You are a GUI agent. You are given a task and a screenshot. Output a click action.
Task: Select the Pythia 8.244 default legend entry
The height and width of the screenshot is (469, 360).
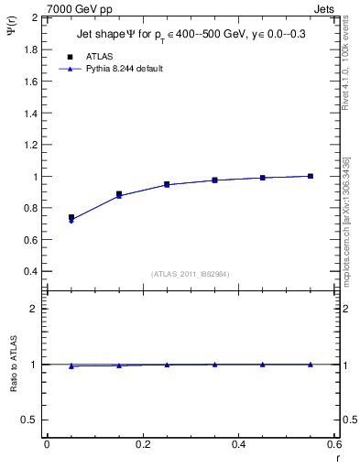[124, 69]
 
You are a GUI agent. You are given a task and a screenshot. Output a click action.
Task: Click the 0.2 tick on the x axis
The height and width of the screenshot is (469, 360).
[142, 444]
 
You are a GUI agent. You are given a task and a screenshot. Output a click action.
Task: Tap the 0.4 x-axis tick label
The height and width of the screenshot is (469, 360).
[238, 444]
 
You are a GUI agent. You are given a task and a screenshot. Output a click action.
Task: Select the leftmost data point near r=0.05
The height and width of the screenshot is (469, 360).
[71, 218]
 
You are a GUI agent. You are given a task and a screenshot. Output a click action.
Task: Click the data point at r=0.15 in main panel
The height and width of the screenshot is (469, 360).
[119, 194]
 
